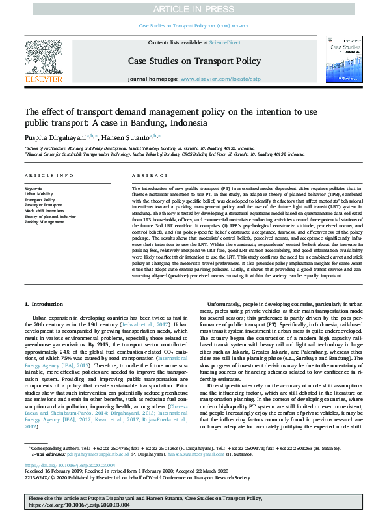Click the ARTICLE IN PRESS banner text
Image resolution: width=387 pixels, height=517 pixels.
[x=193, y=9]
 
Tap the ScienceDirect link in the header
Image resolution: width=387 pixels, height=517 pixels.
[x=224, y=42]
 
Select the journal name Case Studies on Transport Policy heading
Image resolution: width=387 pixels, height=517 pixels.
[x=193, y=62]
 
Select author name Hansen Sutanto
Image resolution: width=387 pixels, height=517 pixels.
[x=127, y=137]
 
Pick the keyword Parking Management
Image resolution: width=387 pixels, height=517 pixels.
[x=44, y=221]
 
